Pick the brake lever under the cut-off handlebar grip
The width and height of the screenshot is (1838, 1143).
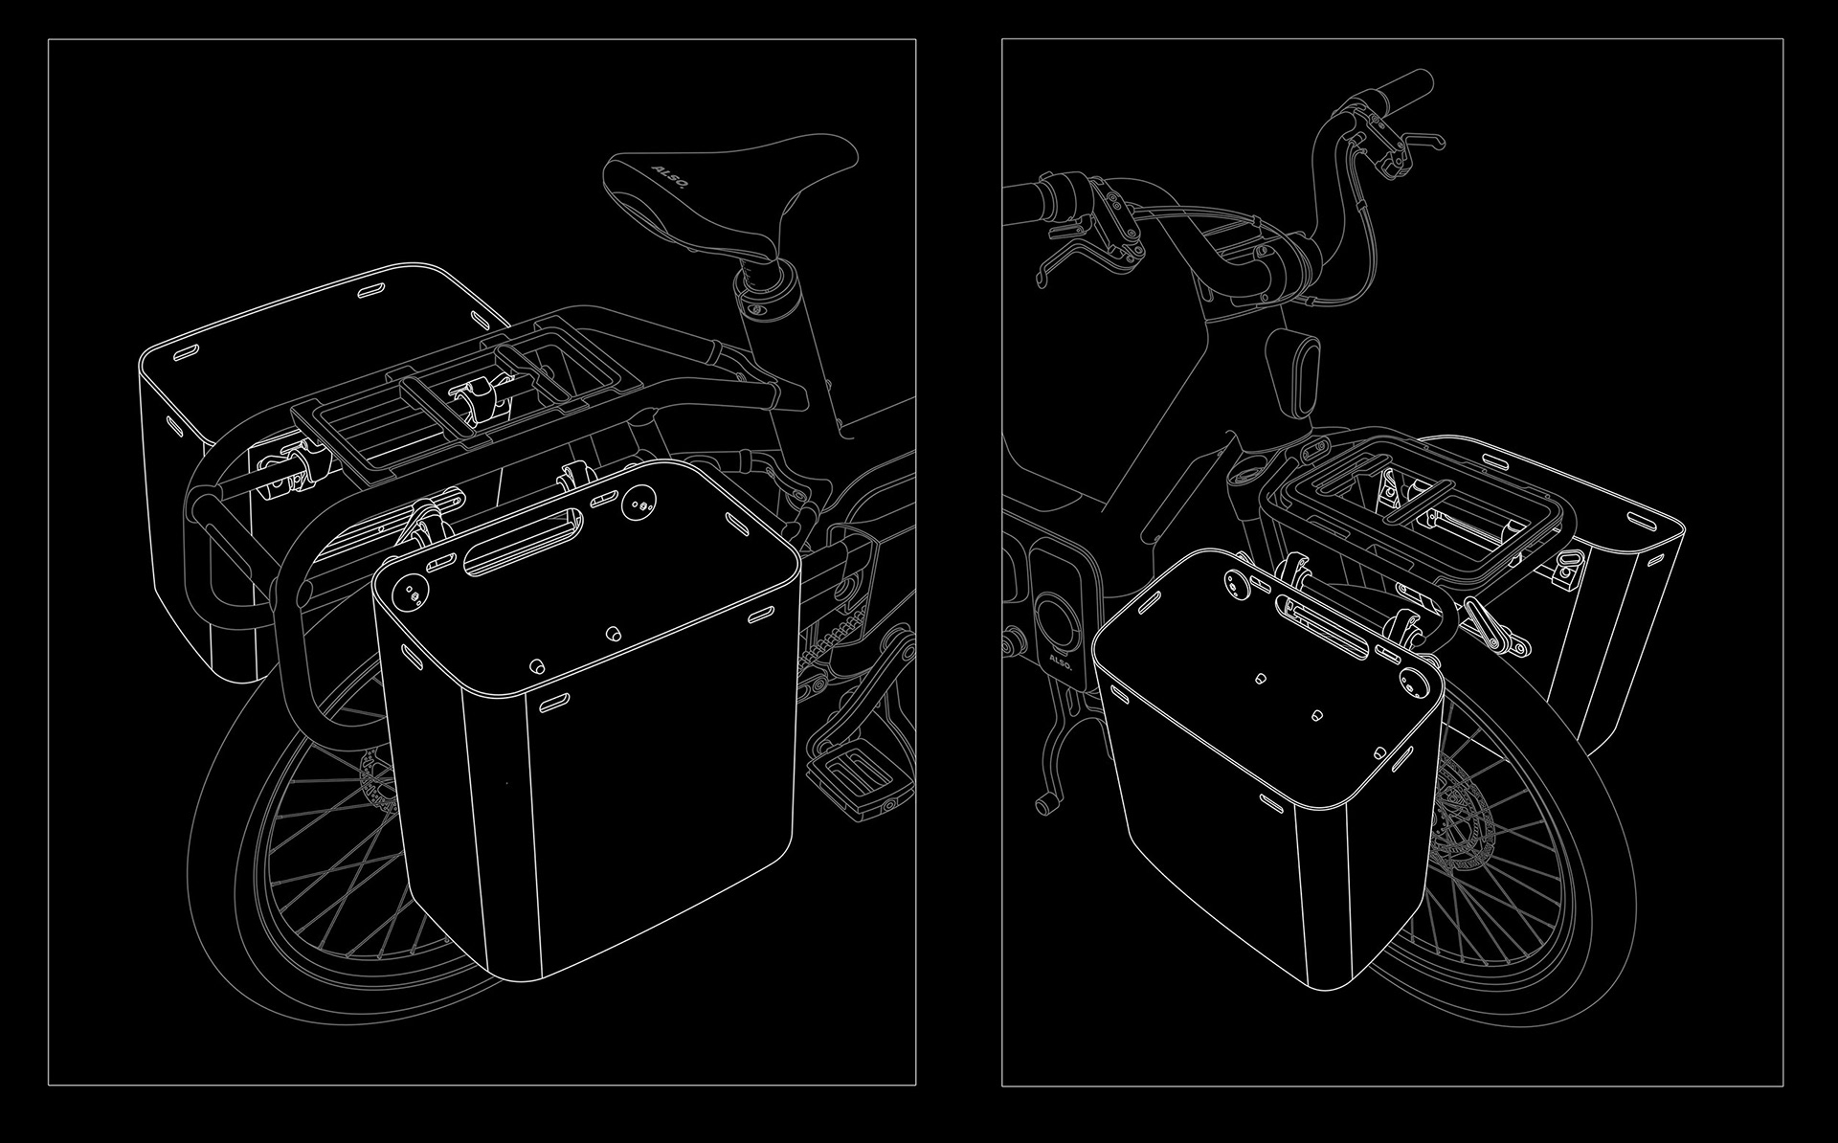1072,254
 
